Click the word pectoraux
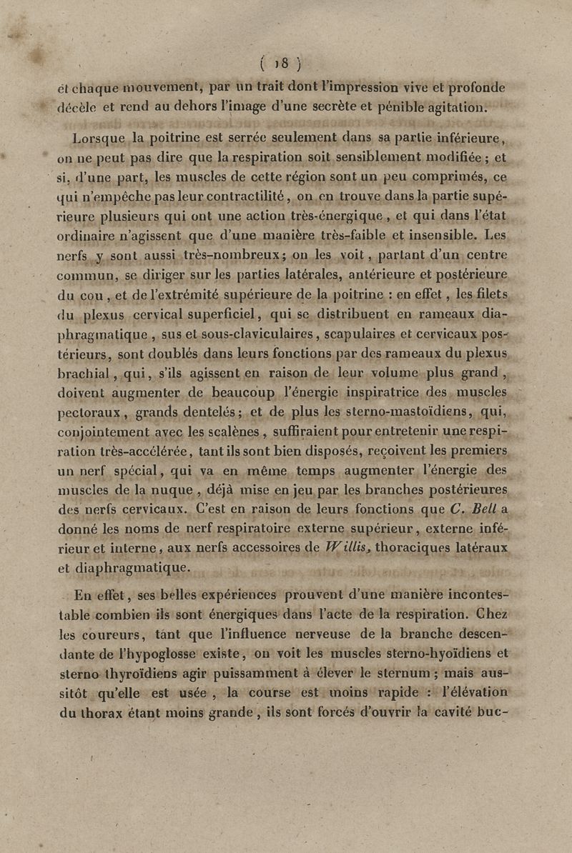pyautogui.click(x=83, y=412)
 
